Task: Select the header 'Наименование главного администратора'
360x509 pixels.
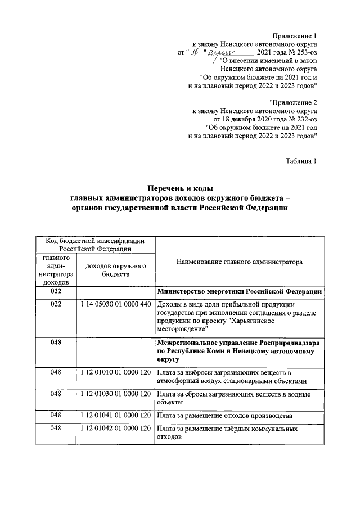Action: [x=239, y=262]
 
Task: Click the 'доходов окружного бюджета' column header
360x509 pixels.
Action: [x=116, y=269]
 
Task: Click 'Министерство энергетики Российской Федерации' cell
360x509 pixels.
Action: [x=240, y=291]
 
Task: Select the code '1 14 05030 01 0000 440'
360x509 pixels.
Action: [x=116, y=304]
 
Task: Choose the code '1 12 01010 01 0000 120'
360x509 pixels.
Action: [x=116, y=372]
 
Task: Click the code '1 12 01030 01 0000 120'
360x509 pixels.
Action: [x=116, y=394]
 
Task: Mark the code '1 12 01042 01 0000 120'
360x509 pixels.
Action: [x=116, y=429]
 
